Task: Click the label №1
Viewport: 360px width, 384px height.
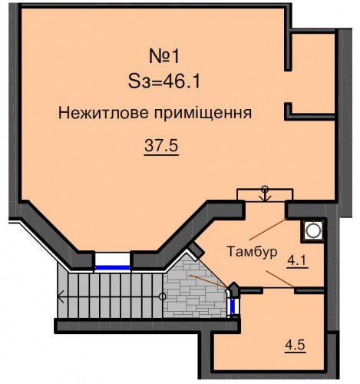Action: point(164,56)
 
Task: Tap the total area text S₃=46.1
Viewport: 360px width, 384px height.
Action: point(164,81)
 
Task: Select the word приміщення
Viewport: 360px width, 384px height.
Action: point(203,114)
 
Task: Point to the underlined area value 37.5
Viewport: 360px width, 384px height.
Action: point(161,146)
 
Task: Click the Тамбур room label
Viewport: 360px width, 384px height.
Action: point(252,252)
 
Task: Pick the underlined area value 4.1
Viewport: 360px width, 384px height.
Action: point(297,261)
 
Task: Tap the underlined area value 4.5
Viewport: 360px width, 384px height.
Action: point(296,345)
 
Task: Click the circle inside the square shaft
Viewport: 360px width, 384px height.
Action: point(313,230)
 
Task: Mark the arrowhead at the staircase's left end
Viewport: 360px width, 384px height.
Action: point(61,297)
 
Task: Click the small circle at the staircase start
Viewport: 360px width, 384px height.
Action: point(162,297)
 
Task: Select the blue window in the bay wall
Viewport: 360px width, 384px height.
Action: point(112,268)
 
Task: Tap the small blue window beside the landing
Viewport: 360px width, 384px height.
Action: point(233,306)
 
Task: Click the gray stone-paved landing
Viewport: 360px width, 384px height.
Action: point(194,290)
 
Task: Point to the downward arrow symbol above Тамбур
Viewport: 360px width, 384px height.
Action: point(265,194)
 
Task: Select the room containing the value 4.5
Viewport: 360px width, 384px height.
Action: point(269,332)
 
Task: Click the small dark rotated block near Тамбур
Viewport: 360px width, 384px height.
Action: point(197,249)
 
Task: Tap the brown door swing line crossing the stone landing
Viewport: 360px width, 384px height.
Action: point(208,281)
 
